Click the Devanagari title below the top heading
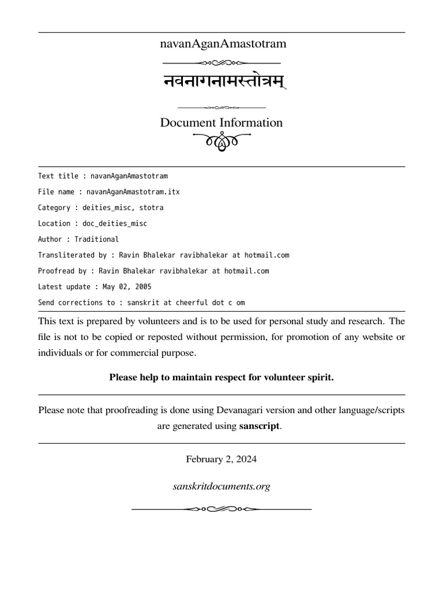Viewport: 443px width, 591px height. tap(221, 82)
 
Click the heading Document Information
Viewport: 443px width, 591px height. tap(221, 123)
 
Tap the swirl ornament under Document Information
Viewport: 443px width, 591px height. tap(221, 141)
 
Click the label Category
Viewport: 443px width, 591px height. tap(54, 207)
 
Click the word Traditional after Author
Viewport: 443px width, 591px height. tap(96, 239)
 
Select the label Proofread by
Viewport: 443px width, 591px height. tap(62, 271)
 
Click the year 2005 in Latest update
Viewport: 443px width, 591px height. tap(143, 286)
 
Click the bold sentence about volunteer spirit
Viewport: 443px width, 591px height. tap(221, 377)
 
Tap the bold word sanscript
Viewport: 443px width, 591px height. tap(260, 427)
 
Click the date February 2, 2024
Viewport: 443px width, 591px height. tap(221, 459)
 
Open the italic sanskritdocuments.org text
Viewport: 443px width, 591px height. tap(221, 487)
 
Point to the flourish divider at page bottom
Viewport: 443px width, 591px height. tap(221, 509)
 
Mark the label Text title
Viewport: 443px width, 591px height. tap(58, 176)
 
